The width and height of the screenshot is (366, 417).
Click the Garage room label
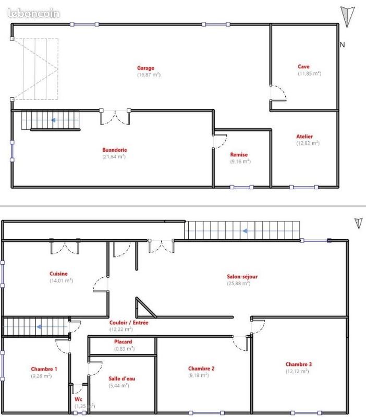145,68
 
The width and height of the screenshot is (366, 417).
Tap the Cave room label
303,66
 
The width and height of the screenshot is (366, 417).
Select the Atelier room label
304,137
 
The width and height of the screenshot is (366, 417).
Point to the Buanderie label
114,150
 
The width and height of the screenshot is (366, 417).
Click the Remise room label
239,154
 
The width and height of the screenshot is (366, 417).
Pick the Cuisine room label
58,274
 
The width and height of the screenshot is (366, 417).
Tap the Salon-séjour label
242,277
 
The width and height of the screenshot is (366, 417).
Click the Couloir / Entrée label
129,323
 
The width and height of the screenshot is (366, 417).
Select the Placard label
123,342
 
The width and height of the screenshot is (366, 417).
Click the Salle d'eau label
123,378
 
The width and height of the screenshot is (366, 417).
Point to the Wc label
78,399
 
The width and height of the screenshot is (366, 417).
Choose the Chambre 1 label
44,369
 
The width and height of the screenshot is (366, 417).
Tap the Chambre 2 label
201,368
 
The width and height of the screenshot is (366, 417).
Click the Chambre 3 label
299,364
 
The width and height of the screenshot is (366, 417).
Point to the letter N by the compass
343,45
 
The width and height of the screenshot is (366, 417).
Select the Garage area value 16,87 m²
149,75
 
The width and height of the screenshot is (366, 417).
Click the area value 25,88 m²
238,284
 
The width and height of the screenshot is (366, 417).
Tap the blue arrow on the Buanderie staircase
53,120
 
